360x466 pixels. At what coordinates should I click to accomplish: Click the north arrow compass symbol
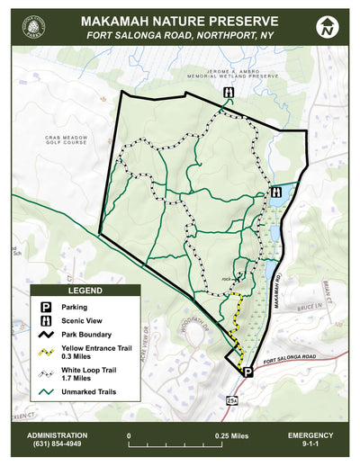point(328,28)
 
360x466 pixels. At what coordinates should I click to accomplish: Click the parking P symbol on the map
point(247,370)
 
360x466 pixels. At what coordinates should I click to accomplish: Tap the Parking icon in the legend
point(44,307)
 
